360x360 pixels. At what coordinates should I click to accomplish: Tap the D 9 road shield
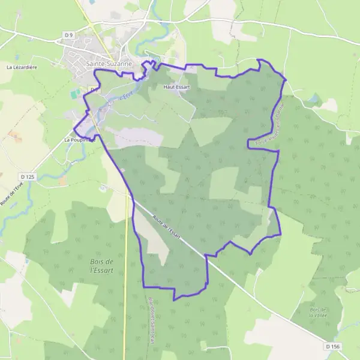(69, 35)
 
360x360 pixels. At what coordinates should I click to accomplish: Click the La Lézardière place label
(22, 67)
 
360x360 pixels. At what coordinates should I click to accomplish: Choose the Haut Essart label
(176, 87)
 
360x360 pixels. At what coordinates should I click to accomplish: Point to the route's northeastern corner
(285, 79)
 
